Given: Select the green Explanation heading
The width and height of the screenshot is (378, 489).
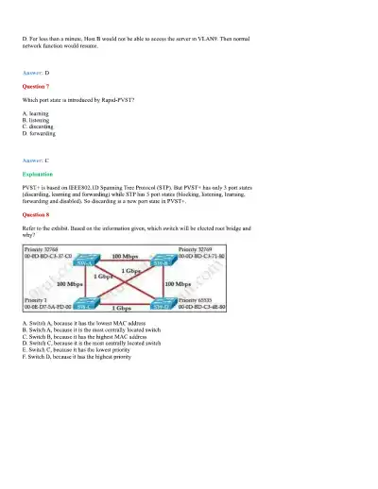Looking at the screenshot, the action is coord(39,175).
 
